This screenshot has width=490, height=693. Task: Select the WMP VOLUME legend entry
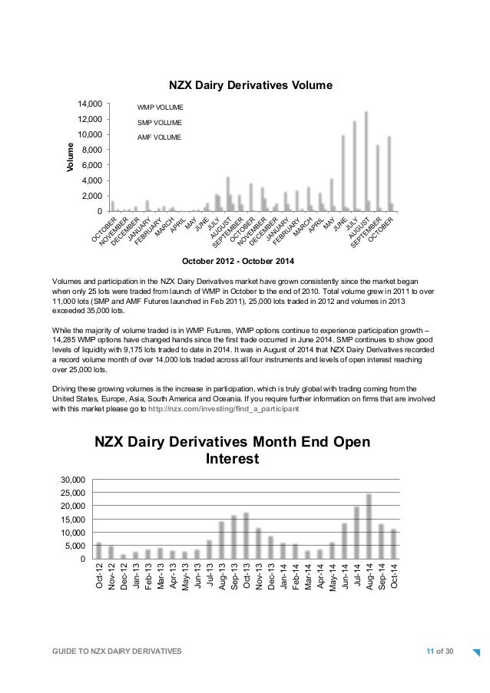tap(160, 107)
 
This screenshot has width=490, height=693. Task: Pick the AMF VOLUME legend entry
tap(159, 137)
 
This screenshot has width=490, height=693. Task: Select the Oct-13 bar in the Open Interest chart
tap(246, 535)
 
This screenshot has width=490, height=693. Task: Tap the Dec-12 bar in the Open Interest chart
tap(123, 556)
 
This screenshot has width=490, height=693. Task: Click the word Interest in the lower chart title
tap(233, 459)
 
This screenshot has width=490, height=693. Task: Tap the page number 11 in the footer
tap(430, 652)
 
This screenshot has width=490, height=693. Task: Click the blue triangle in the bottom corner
tap(476, 654)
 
